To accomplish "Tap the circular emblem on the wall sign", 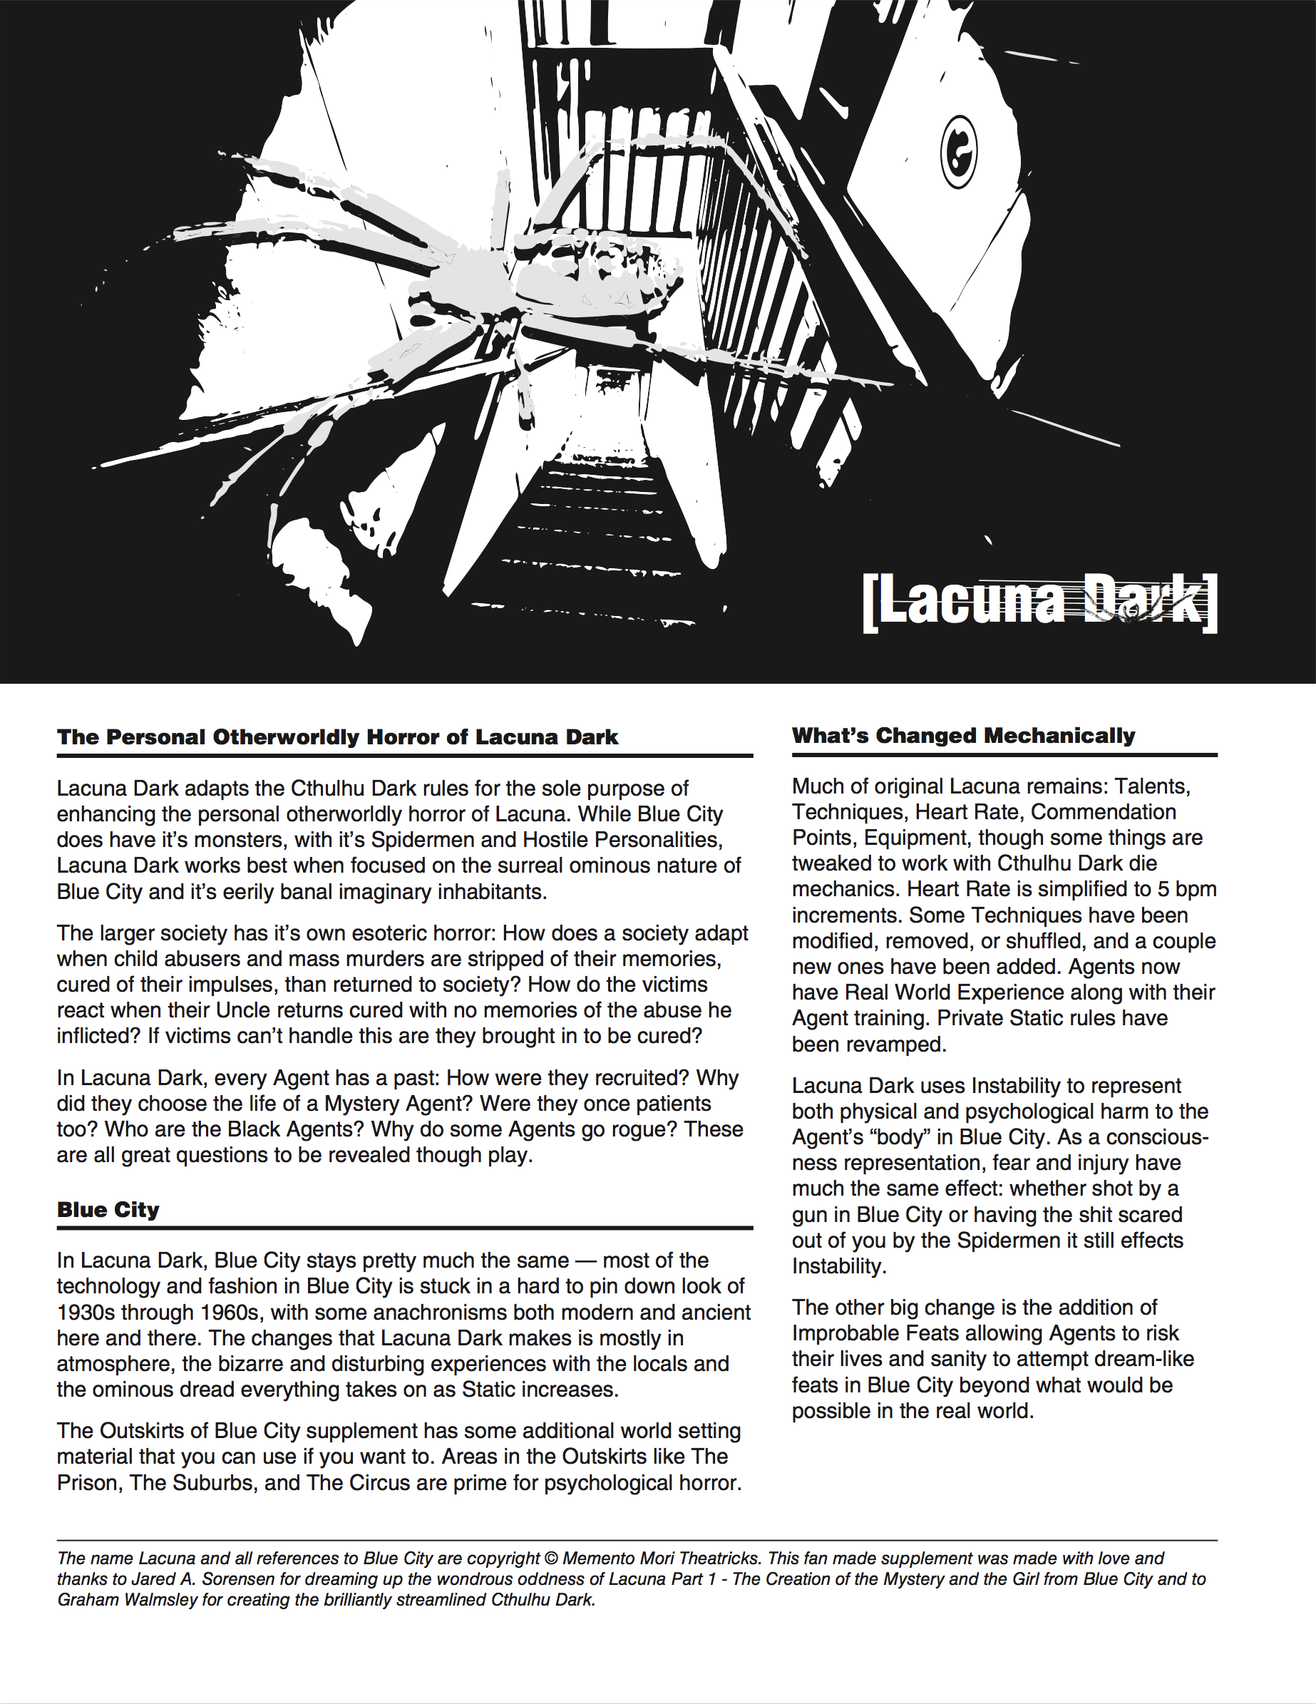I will pos(959,151).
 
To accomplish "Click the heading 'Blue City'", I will pos(108,1209).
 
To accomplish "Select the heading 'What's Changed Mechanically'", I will pos(963,735).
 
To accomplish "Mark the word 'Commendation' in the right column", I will pos(1103,811).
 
